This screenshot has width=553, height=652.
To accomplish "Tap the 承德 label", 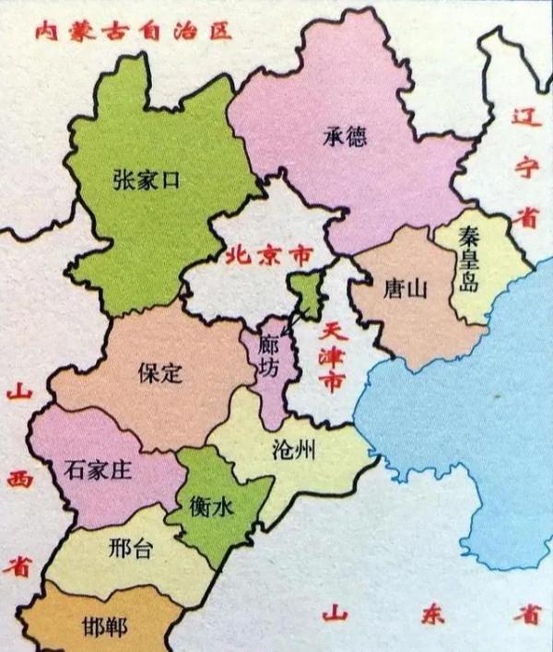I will [x=345, y=137].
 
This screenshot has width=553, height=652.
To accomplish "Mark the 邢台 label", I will [x=130, y=549].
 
